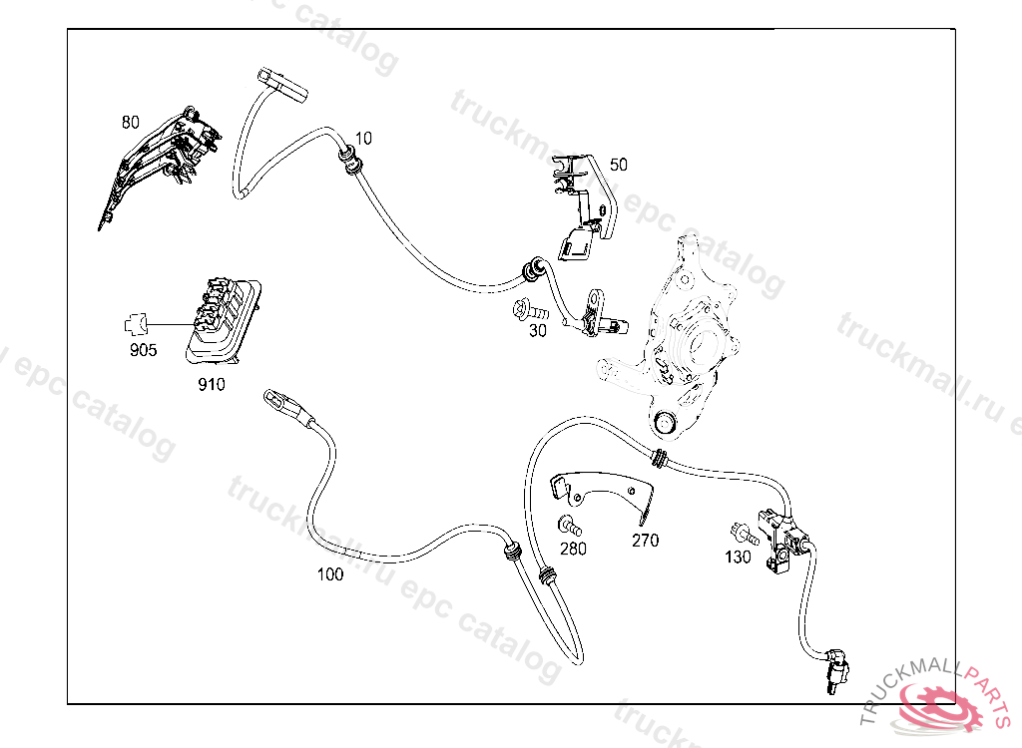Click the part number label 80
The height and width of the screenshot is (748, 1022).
click(x=131, y=123)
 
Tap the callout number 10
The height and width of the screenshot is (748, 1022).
click(x=363, y=137)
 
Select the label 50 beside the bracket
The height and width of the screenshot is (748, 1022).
click(x=619, y=165)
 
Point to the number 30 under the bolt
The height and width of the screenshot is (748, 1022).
click(x=538, y=331)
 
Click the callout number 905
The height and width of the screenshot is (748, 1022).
click(x=143, y=350)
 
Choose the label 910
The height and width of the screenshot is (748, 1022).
click(x=211, y=384)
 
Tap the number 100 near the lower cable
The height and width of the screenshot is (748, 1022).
click(x=329, y=574)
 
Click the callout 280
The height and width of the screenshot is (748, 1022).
click(x=573, y=548)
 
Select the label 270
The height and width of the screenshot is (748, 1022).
click(x=646, y=542)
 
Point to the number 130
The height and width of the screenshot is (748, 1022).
click(x=738, y=558)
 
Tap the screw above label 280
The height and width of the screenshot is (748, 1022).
click(x=569, y=524)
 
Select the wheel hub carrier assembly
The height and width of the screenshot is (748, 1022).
click(x=684, y=329)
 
